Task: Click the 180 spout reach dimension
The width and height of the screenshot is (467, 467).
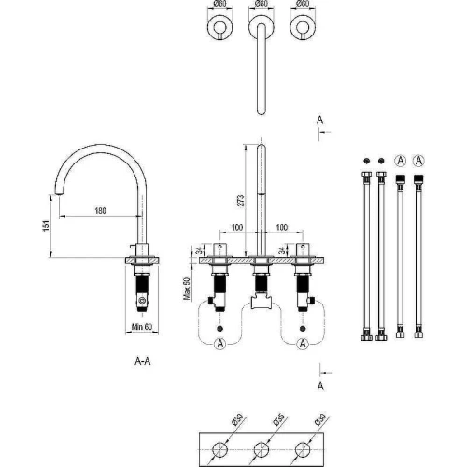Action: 100,211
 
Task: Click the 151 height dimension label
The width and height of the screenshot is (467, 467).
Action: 46,226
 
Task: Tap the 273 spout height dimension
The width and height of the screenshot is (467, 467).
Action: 241,201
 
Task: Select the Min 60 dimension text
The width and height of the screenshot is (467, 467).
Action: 142,327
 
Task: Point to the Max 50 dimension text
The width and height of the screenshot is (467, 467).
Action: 187,289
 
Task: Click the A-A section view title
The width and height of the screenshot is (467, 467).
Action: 143,361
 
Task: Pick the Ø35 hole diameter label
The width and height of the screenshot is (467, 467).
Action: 278,419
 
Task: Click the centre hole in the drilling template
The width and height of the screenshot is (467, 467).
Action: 262,449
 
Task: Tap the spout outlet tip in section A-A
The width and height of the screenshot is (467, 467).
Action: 59,193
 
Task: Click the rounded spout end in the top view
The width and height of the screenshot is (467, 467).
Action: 262,111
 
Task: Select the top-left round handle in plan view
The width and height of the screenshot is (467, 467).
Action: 220,27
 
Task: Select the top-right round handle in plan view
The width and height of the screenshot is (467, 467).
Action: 303,27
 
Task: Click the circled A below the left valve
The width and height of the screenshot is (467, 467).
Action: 220,344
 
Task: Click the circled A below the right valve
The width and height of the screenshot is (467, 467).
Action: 303,344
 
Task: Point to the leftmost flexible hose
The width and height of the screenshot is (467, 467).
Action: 367,256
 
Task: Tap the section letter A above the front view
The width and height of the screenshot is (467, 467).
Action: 320,120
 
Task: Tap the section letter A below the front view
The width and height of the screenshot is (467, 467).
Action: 320,386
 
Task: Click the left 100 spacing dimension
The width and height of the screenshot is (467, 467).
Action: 237,227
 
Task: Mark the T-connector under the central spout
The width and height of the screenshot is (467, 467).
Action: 262,301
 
